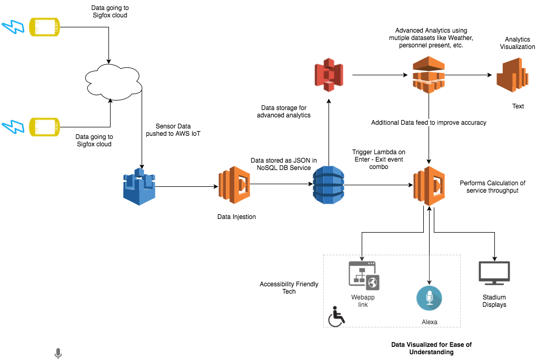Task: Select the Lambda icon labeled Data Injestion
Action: click(x=234, y=185)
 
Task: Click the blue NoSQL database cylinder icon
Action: click(x=328, y=184)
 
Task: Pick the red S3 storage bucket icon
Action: click(x=328, y=75)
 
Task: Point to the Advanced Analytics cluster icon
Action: click(x=428, y=75)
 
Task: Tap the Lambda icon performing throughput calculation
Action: click(x=430, y=186)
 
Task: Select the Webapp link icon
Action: click(x=364, y=275)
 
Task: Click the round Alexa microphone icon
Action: click(x=429, y=298)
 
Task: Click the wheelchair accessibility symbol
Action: click(x=336, y=317)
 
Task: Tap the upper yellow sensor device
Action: click(x=45, y=26)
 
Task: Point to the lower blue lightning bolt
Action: click(x=12, y=127)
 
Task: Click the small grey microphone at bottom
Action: click(x=58, y=353)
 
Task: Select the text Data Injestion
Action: click(x=236, y=217)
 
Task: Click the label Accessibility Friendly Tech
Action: click(x=289, y=288)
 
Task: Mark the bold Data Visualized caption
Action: click(x=431, y=348)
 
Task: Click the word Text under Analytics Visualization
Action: click(x=518, y=106)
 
